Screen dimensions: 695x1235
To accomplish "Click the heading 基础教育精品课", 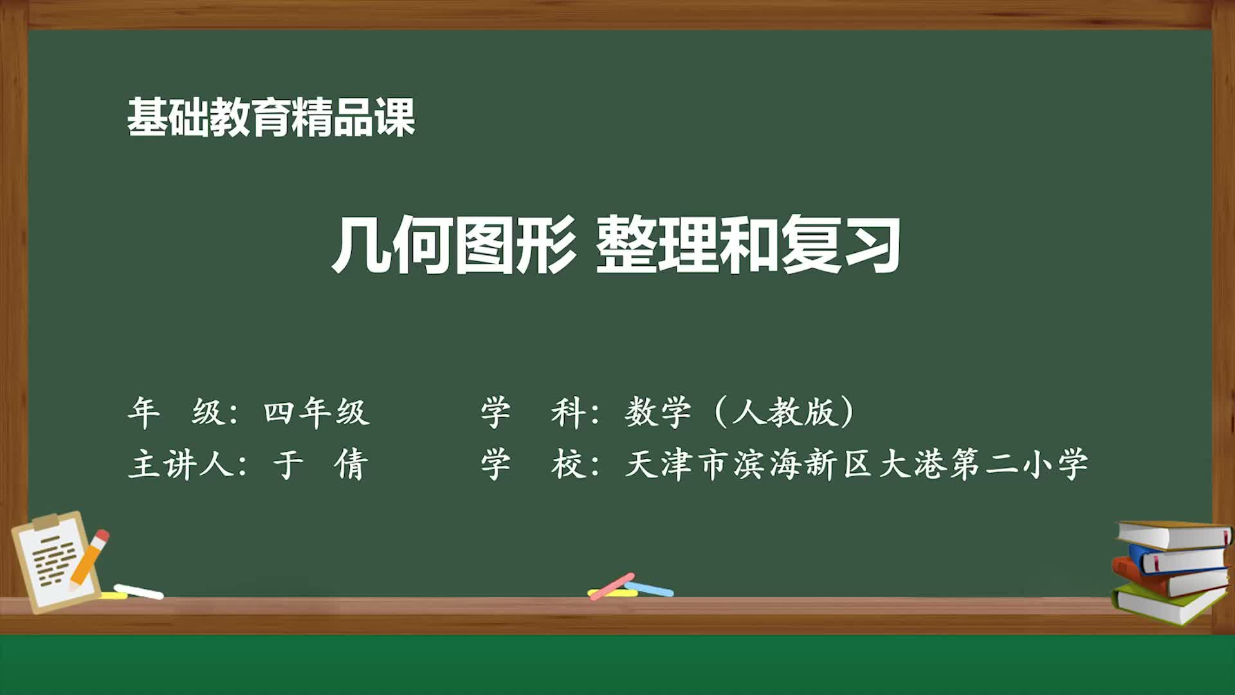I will [271, 117].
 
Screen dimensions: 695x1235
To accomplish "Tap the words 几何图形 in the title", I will [453, 245].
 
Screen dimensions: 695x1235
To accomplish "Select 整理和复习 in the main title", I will [747, 245].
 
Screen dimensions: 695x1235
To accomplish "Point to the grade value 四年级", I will [316, 412].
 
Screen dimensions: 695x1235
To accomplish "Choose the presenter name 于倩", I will [320, 464].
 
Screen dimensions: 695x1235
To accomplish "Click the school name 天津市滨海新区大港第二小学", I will [855, 464].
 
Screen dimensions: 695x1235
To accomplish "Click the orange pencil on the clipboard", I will [89, 558].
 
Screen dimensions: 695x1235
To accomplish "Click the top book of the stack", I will [1174, 535].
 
